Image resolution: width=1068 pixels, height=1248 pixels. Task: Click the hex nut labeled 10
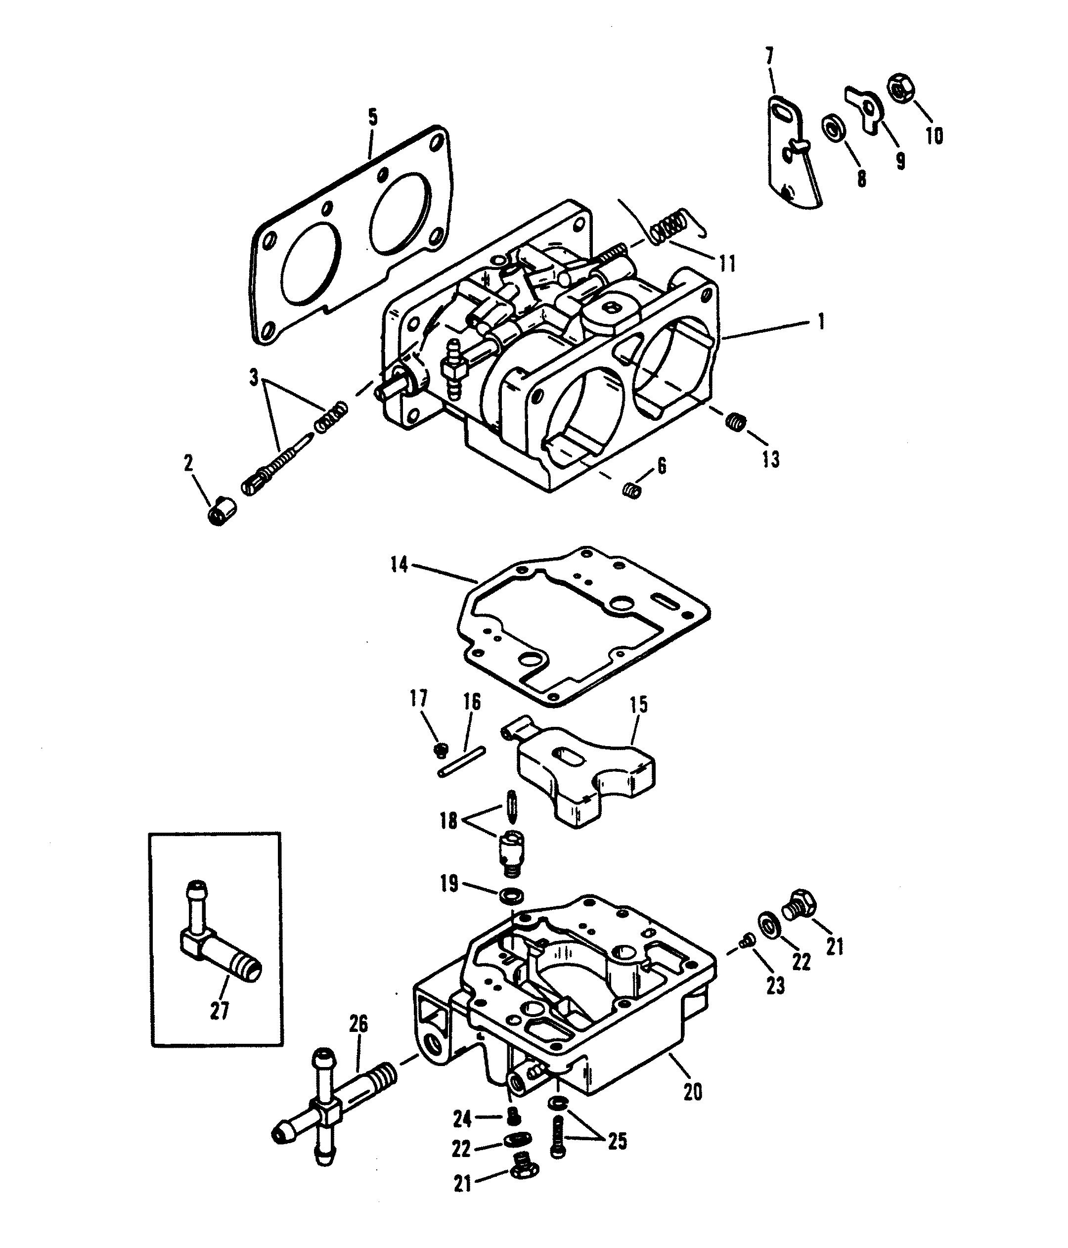[901, 88]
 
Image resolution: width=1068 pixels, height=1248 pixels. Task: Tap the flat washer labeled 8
[834, 129]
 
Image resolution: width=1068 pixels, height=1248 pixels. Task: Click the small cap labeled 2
[222, 511]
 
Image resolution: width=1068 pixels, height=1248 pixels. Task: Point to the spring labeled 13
[734, 420]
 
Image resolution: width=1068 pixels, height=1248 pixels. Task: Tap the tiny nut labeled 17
[442, 749]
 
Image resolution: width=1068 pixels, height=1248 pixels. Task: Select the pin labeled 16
[463, 761]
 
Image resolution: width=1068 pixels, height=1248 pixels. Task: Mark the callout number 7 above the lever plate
[769, 58]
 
